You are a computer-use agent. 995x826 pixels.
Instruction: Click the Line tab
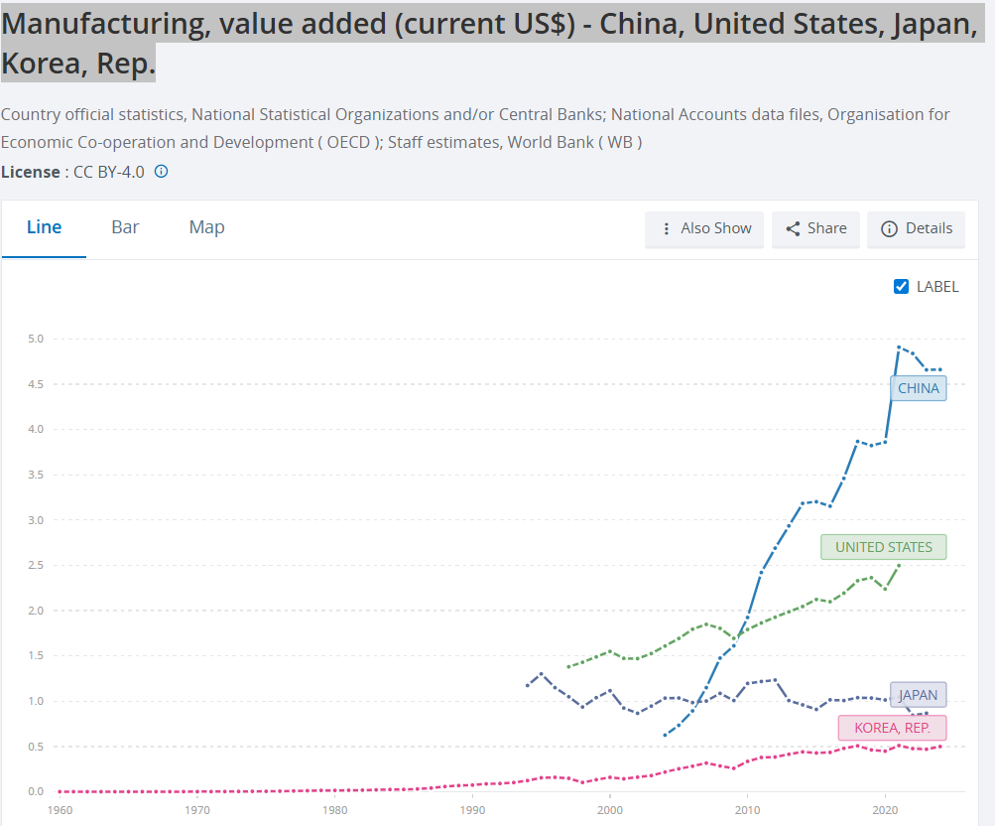44,227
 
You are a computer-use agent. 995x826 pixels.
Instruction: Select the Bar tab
125,227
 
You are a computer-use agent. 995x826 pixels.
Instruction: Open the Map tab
206,227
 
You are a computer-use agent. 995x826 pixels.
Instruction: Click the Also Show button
704,228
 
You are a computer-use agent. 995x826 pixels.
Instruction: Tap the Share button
815,228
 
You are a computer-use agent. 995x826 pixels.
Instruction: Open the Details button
916,228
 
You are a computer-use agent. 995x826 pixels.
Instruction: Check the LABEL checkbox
902,287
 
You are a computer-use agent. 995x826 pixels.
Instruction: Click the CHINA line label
918,388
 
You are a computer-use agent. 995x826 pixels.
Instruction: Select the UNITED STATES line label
883,547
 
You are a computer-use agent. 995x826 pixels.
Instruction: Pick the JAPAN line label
918,696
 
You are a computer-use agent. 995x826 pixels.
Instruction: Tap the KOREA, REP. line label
892,728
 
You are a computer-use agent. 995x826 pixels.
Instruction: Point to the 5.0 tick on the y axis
36,340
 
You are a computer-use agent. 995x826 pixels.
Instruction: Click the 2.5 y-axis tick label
36,566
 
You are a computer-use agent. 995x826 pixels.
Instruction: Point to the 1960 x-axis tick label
60,810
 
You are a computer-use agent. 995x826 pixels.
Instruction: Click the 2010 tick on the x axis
748,810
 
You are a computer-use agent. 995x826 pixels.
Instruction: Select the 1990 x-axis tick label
472,810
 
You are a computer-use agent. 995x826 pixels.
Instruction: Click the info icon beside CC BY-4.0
162,172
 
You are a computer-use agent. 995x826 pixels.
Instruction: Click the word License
31,172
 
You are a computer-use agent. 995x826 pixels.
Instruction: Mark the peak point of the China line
899,347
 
